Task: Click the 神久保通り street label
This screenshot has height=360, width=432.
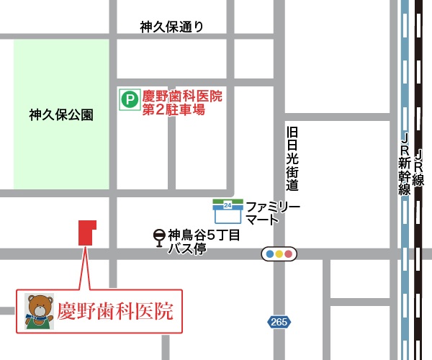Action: point(172,27)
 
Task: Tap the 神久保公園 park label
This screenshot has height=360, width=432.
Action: point(61,114)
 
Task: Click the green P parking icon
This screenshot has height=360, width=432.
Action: point(129,99)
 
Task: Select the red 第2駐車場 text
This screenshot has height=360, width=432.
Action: point(174,110)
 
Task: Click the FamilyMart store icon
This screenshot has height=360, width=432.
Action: point(228,212)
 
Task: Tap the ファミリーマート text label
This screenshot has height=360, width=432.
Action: point(272,213)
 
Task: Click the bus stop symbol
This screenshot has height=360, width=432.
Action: point(158,237)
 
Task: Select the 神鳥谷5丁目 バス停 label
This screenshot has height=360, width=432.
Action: point(202,242)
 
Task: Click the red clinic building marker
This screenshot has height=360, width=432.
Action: point(86,233)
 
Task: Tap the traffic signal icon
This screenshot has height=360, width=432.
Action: point(279,253)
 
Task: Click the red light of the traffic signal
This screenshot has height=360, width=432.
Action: point(289,253)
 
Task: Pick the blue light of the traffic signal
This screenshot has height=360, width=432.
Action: point(269,253)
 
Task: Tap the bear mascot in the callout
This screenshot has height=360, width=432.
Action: point(39,311)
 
